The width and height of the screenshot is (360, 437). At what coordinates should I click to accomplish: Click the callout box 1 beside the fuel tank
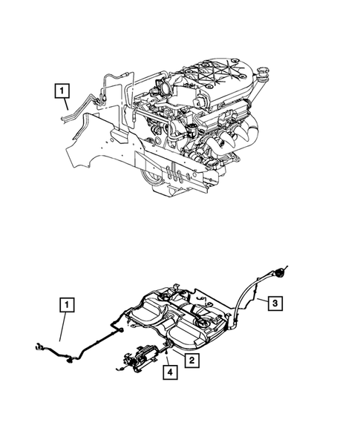(68, 305)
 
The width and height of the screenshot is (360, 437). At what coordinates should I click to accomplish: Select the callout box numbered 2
(191, 361)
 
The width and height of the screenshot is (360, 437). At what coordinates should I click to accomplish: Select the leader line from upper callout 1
(68, 109)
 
